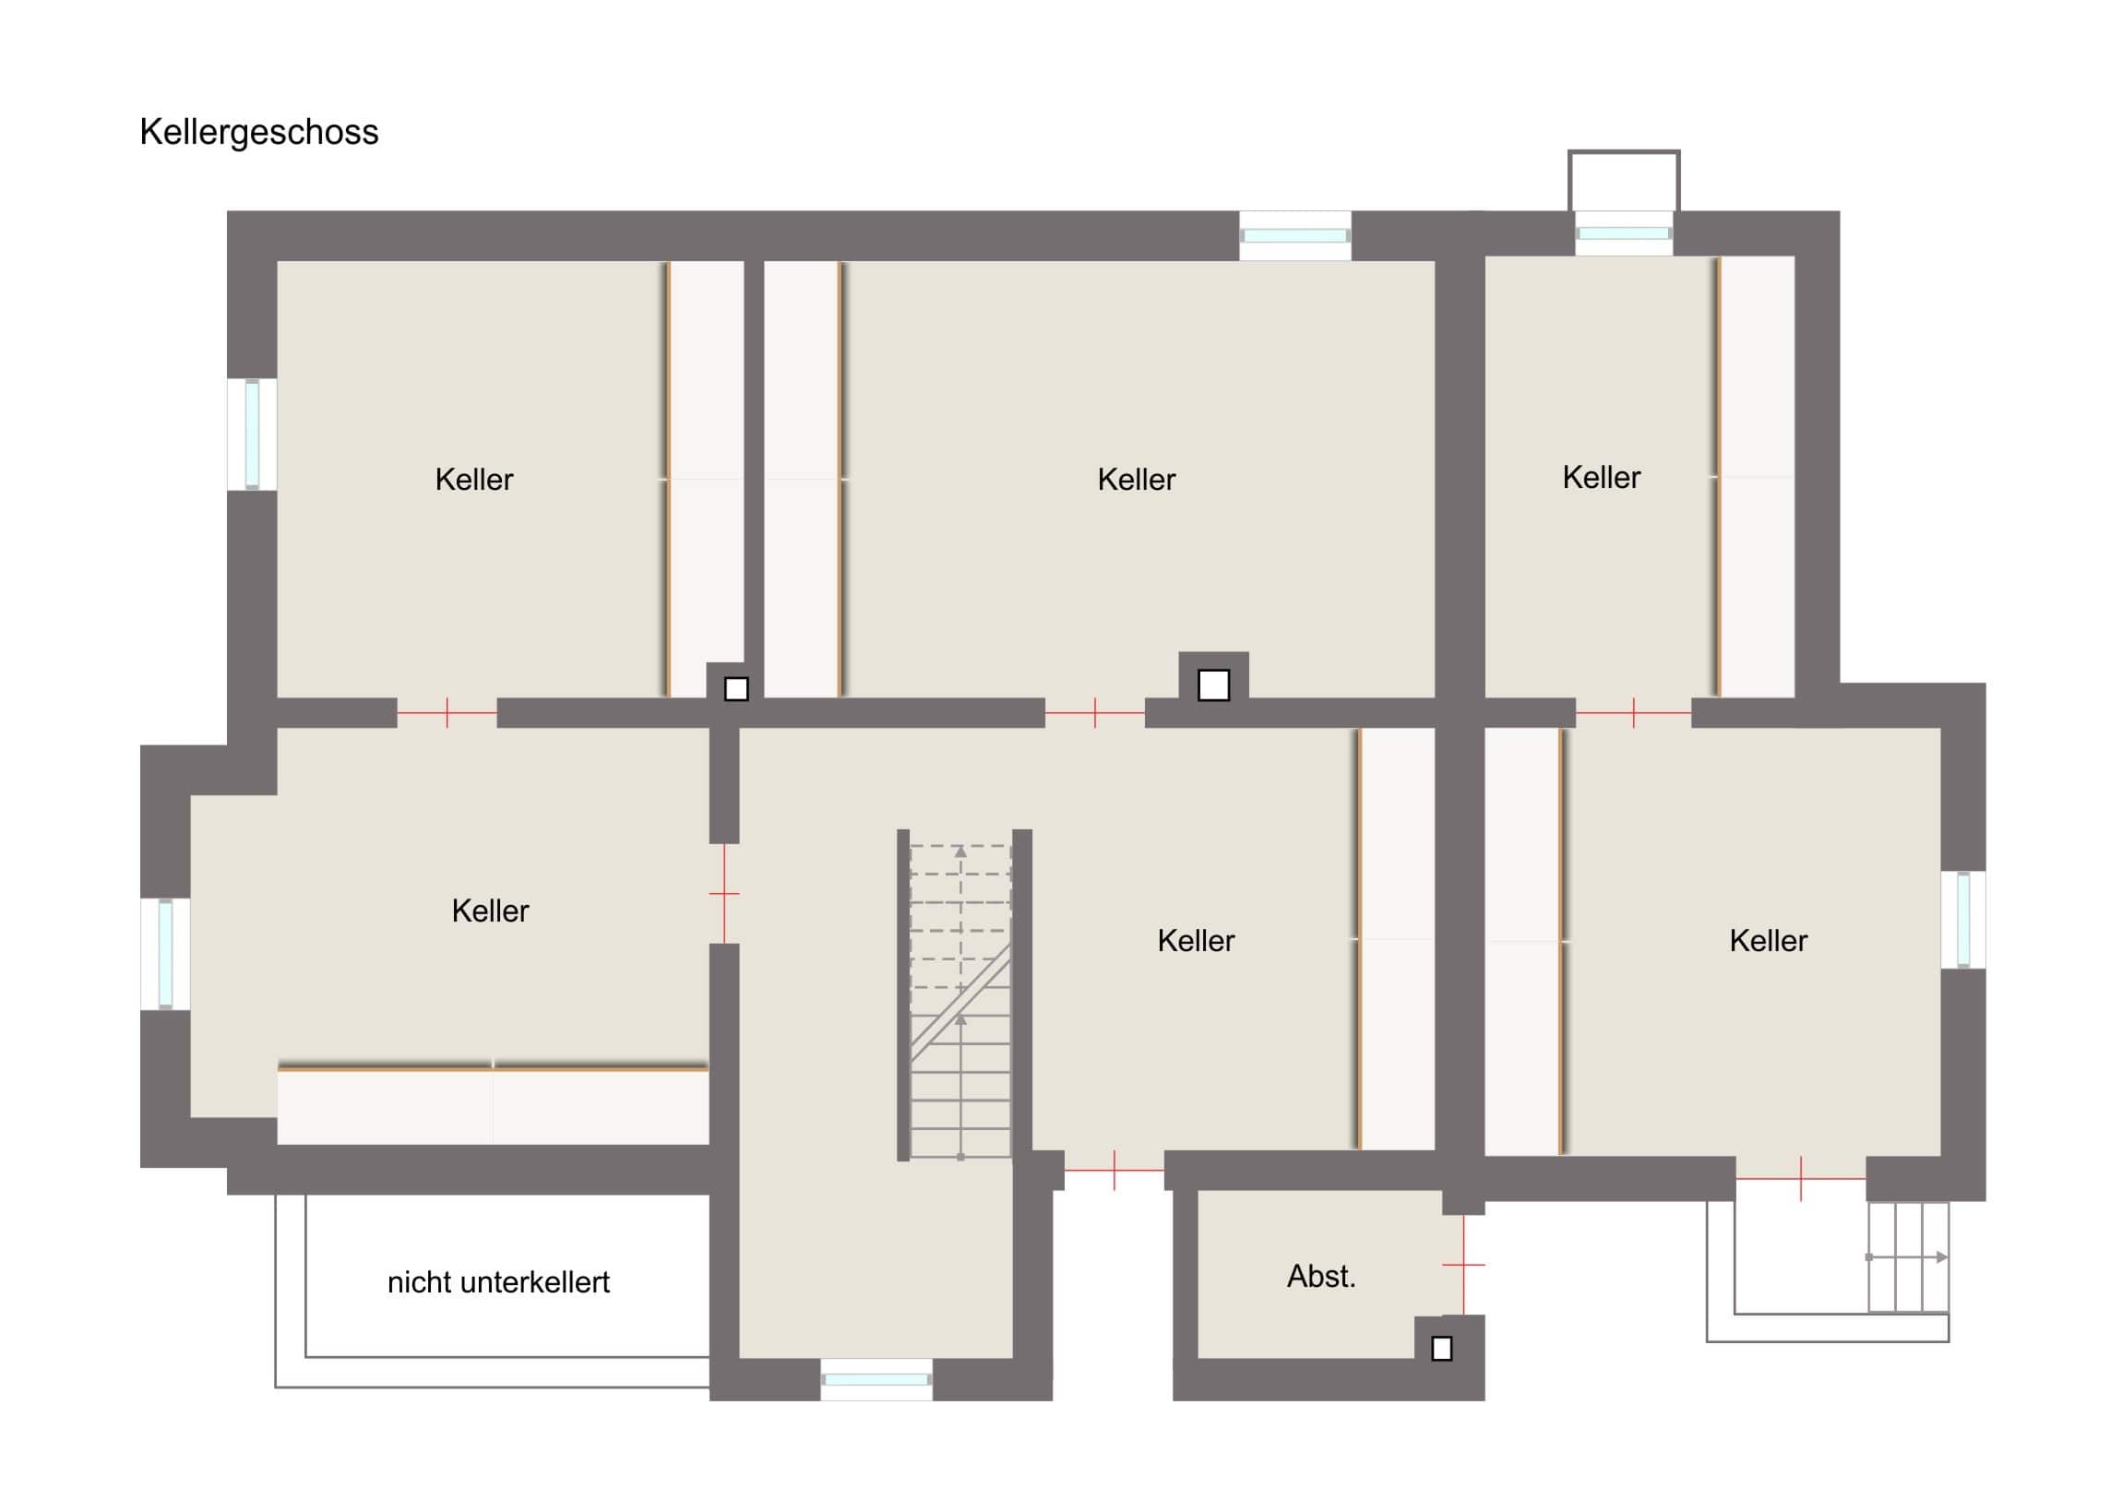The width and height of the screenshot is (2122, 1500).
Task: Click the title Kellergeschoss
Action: point(258,133)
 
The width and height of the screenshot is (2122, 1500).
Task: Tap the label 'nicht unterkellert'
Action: point(498,1282)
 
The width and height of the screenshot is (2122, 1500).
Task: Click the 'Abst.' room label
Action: point(1320,1277)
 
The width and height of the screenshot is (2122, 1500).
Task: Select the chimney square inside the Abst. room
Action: point(1442,1350)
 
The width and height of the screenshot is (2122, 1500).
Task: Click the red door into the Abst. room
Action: point(1463,1265)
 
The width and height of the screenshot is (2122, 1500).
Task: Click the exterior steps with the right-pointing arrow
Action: point(1908,1257)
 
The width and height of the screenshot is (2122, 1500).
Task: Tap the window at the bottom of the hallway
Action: point(876,1380)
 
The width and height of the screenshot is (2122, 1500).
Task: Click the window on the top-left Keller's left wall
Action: point(252,434)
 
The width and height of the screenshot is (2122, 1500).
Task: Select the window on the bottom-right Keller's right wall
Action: point(1963,921)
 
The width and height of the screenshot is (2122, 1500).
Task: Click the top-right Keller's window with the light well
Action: point(1624,232)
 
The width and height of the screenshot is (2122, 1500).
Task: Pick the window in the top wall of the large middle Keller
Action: point(1294,235)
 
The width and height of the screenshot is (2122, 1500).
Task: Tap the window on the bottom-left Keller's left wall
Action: point(165,954)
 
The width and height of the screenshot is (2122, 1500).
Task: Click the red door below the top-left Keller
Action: point(447,712)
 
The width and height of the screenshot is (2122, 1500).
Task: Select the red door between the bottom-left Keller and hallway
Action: point(724,894)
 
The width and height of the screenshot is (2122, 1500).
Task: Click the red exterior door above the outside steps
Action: point(1800,1179)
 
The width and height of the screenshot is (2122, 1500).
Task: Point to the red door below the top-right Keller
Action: point(1633,712)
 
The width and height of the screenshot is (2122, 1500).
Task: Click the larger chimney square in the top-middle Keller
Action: point(1213,685)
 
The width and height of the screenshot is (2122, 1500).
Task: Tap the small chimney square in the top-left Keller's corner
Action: point(736,689)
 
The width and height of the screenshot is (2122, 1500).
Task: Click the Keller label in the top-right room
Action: point(1602,478)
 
